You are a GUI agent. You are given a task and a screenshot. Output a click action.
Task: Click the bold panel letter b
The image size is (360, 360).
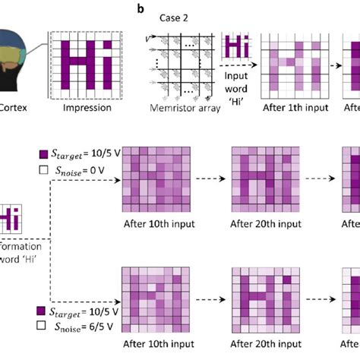[140, 8]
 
